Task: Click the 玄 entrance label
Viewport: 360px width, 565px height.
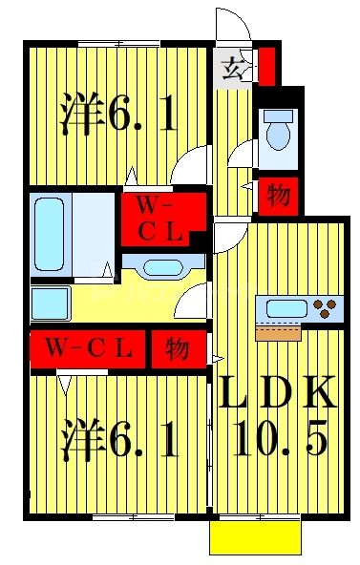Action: [x=233, y=69]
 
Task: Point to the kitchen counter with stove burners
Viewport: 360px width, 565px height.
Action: [x=299, y=308]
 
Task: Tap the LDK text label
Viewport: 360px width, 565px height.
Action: [x=277, y=392]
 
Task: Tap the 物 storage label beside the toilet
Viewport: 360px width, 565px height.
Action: [x=278, y=196]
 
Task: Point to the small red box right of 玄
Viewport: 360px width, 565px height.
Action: [x=268, y=66]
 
